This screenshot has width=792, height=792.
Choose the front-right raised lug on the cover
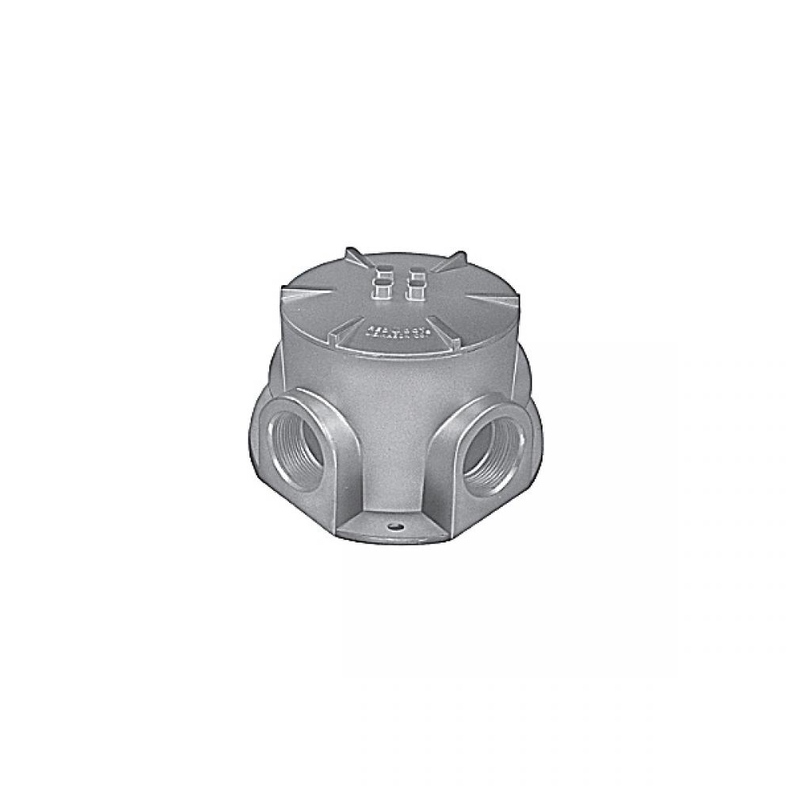coord(414,295)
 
